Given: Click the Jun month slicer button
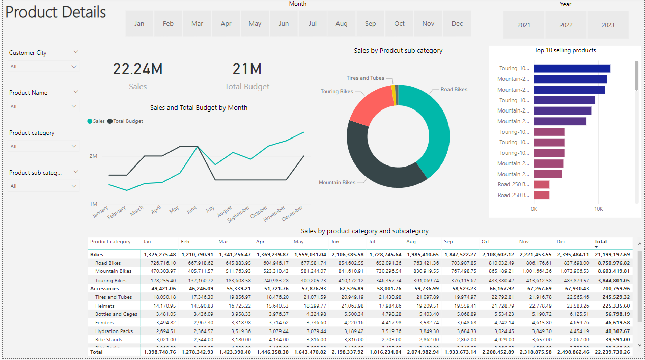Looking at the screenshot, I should pos(284,23).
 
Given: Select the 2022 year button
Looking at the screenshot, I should pos(566,25).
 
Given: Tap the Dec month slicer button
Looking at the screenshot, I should pos(457,23).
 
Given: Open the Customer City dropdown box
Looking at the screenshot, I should pos(44,66).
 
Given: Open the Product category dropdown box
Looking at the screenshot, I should pos(44,146).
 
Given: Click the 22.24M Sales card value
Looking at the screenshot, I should pos(137,69).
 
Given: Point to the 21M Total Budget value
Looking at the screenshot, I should pos(247,69).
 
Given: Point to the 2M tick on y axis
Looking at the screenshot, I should pos(93,156).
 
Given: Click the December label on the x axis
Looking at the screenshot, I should pos(292,213).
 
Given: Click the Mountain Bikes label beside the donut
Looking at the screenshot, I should pos(337,182).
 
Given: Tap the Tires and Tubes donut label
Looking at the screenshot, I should pos(365,78).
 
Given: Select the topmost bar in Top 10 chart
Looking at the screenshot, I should pos(572,69).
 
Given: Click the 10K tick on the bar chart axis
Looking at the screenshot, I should pos(599,209).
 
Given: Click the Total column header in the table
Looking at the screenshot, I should pos(601,242).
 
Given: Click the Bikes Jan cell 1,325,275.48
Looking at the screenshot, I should pos(160,254).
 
